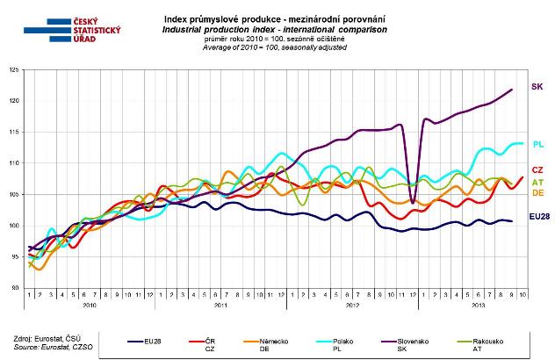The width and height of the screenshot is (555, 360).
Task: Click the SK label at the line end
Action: click(x=537, y=86)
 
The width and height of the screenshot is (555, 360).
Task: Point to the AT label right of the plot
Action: click(x=537, y=182)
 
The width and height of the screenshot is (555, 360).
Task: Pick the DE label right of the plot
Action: click(x=537, y=192)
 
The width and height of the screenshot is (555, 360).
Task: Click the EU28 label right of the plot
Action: click(x=538, y=216)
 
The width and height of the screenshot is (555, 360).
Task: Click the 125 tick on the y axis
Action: click(x=13, y=70)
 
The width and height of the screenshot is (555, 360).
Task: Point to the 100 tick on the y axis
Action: click(x=13, y=226)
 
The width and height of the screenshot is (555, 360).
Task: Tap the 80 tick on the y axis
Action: click(x=15, y=288)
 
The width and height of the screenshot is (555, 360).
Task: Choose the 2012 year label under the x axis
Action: click(x=351, y=307)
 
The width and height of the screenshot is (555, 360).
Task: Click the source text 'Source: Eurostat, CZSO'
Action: click(x=42, y=349)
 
